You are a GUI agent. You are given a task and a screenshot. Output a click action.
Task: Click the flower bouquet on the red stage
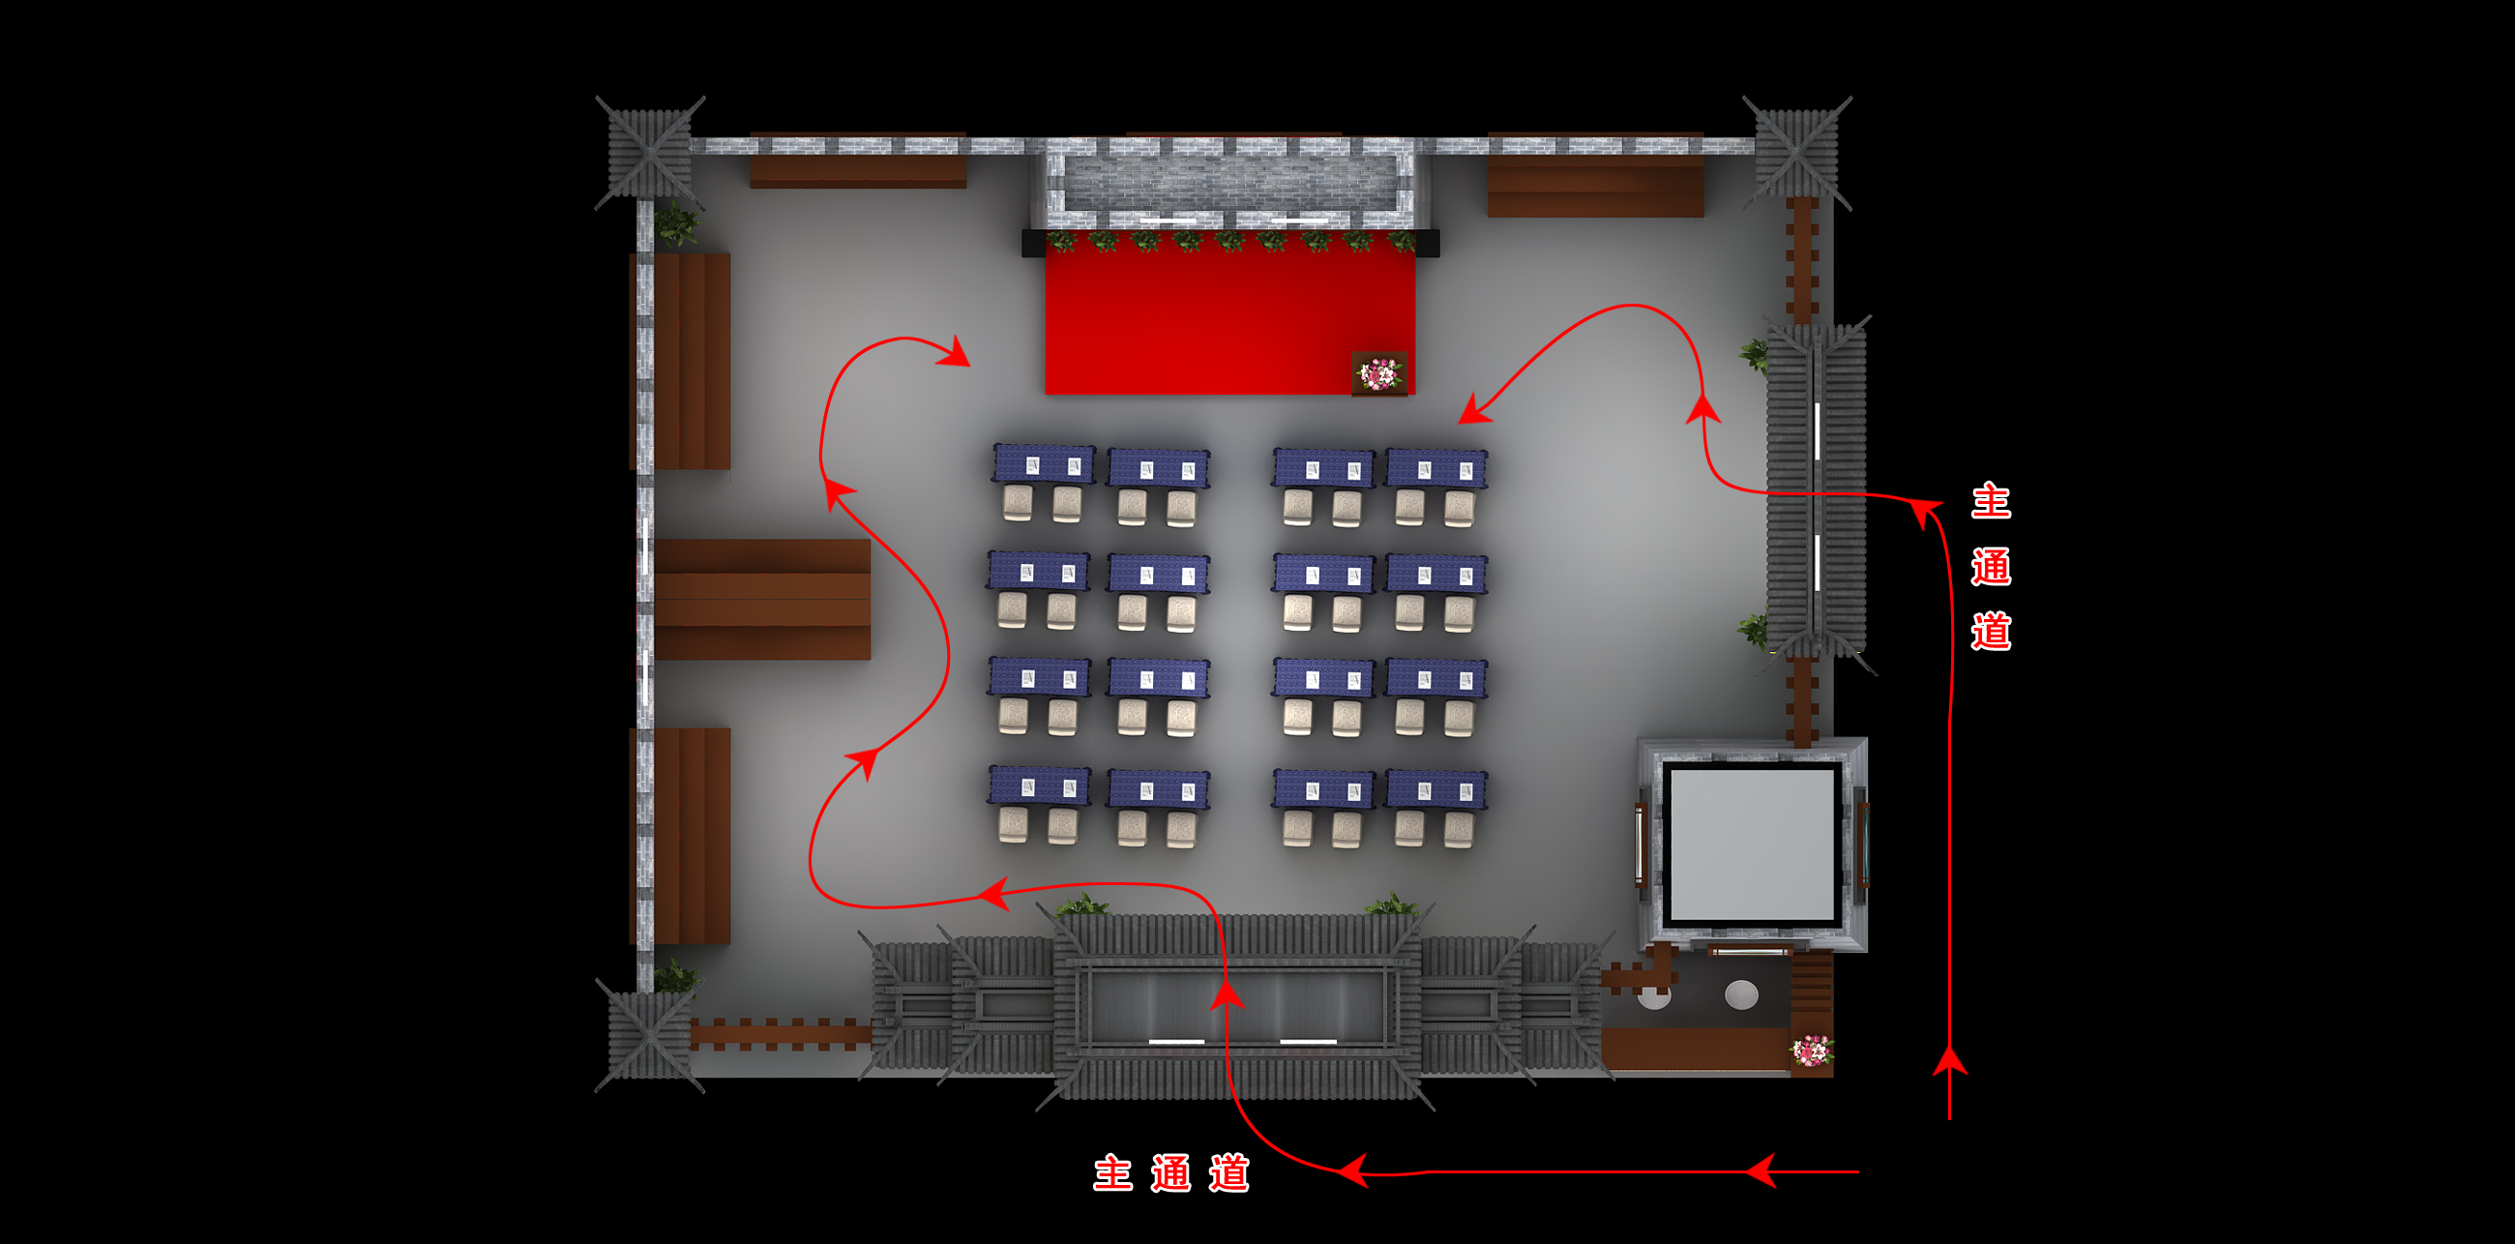[1378, 373]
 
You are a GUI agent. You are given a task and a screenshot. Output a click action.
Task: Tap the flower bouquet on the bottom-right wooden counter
[1811, 1051]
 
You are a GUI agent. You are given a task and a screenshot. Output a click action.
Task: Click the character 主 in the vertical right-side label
[1990, 501]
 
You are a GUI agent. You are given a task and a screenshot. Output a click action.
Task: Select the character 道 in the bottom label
[1228, 1172]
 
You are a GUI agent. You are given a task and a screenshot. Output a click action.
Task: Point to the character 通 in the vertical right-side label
[1990, 566]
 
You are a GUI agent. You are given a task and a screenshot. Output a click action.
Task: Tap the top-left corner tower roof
[649, 153]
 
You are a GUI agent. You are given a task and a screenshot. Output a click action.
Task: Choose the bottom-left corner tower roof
[649, 1035]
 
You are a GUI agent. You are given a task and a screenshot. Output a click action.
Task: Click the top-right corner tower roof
[1796, 153]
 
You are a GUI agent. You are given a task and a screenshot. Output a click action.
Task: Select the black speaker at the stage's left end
[1033, 242]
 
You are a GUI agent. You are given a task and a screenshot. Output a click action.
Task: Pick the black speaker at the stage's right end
[1428, 242]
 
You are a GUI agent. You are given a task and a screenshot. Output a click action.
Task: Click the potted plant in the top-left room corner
[675, 225]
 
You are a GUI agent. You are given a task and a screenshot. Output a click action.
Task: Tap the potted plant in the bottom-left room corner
[675, 976]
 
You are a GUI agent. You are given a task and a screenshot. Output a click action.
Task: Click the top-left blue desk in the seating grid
[1043, 463]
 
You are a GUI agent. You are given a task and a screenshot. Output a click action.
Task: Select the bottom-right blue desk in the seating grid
[1435, 790]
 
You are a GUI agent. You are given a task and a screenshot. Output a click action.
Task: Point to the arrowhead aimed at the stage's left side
[956, 353]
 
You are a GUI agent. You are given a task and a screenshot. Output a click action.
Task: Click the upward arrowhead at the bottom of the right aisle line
[1950, 1061]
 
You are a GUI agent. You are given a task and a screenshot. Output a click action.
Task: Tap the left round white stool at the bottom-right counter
[1654, 997]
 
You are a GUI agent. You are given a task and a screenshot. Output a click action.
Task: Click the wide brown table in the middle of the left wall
[761, 599]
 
